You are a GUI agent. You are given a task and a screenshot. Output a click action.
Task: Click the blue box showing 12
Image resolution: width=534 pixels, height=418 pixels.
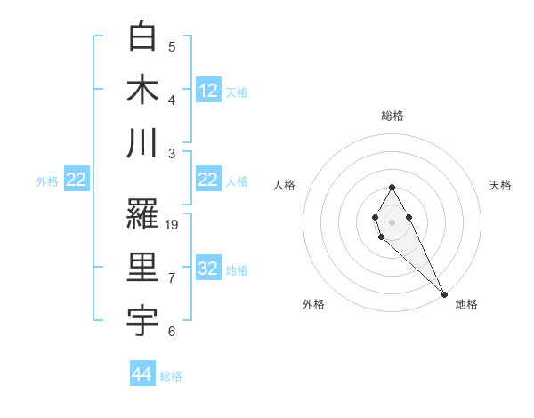[208, 91]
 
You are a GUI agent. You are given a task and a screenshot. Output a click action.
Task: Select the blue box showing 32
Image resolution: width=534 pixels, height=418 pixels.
[208, 269]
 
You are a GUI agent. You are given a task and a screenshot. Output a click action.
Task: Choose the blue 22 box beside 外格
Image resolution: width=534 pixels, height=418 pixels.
[77, 181]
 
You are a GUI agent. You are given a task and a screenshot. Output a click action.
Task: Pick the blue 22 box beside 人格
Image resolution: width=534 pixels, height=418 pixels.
[208, 181]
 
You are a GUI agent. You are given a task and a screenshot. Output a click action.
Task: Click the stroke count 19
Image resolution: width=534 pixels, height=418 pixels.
[173, 224]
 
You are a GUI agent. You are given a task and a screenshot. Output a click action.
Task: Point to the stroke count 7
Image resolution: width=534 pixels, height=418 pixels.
[172, 278]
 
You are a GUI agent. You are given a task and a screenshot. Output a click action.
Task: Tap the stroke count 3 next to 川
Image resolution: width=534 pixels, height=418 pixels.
[172, 153]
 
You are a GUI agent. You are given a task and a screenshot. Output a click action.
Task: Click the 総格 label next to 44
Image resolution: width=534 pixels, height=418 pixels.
[171, 376]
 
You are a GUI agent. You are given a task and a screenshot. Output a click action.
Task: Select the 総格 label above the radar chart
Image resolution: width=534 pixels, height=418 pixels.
[392, 116]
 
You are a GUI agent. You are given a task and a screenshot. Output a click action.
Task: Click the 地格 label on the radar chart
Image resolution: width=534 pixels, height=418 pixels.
[466, 304]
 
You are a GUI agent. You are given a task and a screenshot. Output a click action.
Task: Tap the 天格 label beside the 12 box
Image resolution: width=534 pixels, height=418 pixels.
[237, 92]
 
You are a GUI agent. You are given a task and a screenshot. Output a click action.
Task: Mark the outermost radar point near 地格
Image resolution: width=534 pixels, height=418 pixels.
[444, 294]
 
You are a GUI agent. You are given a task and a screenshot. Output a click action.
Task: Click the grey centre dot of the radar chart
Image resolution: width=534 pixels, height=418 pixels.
[392, 221]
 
